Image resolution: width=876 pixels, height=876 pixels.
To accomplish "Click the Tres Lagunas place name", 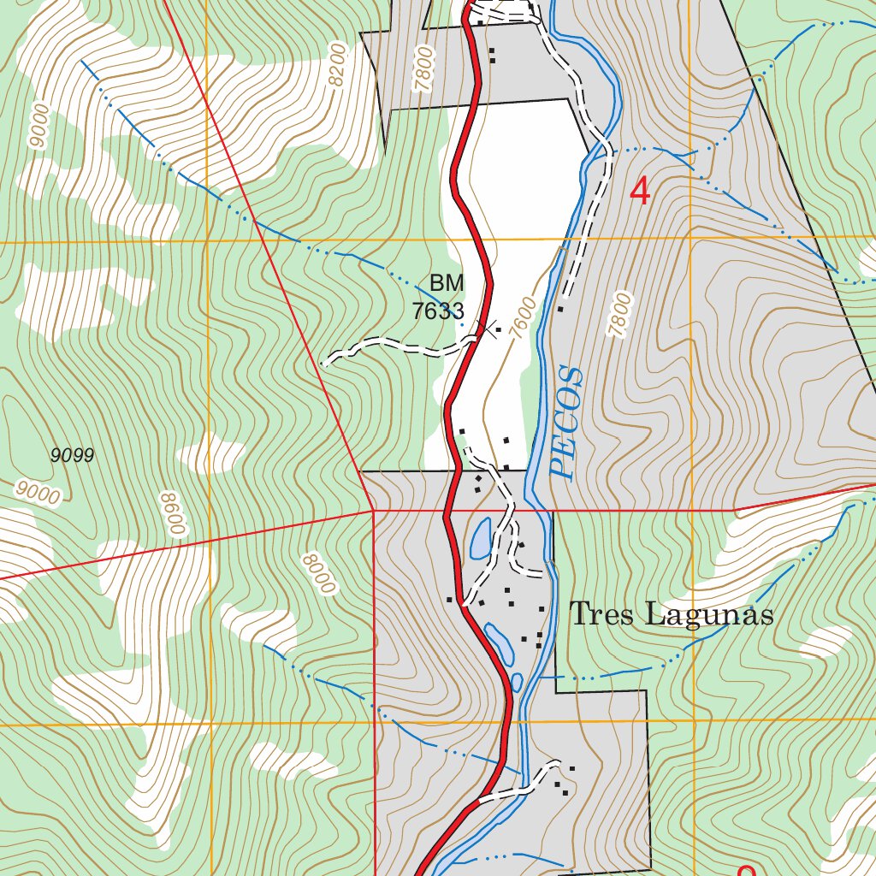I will [x=672, y=614].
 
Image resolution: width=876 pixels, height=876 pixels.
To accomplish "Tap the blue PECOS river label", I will [x=567, y=422].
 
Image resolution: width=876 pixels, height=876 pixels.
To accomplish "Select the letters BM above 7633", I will [x=447, y=283].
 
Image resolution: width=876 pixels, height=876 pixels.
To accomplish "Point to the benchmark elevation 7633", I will [x=438, y=311].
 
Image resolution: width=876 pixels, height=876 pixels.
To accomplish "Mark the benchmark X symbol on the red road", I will [x=490, y=328].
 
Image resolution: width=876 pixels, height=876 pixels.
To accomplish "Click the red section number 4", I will [x=639, y=191].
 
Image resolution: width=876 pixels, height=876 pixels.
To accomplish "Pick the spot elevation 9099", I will [x=72, y=455].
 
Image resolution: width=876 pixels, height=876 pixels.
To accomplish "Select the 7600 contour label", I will [x=523, y=318].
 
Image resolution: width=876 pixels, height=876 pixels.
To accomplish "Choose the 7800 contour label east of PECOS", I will [x=621, y=314].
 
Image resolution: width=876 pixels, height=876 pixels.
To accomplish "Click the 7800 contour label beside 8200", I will [x=423, y=68].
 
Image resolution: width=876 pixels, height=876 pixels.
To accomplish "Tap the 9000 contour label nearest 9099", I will [x=38, y=493].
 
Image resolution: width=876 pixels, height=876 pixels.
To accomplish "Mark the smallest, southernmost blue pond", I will [x=517, y=683].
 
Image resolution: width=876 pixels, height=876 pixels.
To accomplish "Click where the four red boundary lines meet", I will [x=373, y=511].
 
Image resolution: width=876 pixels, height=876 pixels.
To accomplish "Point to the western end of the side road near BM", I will [x=324, y=364].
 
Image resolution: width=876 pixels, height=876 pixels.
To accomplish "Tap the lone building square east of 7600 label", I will [x=560, y=309].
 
